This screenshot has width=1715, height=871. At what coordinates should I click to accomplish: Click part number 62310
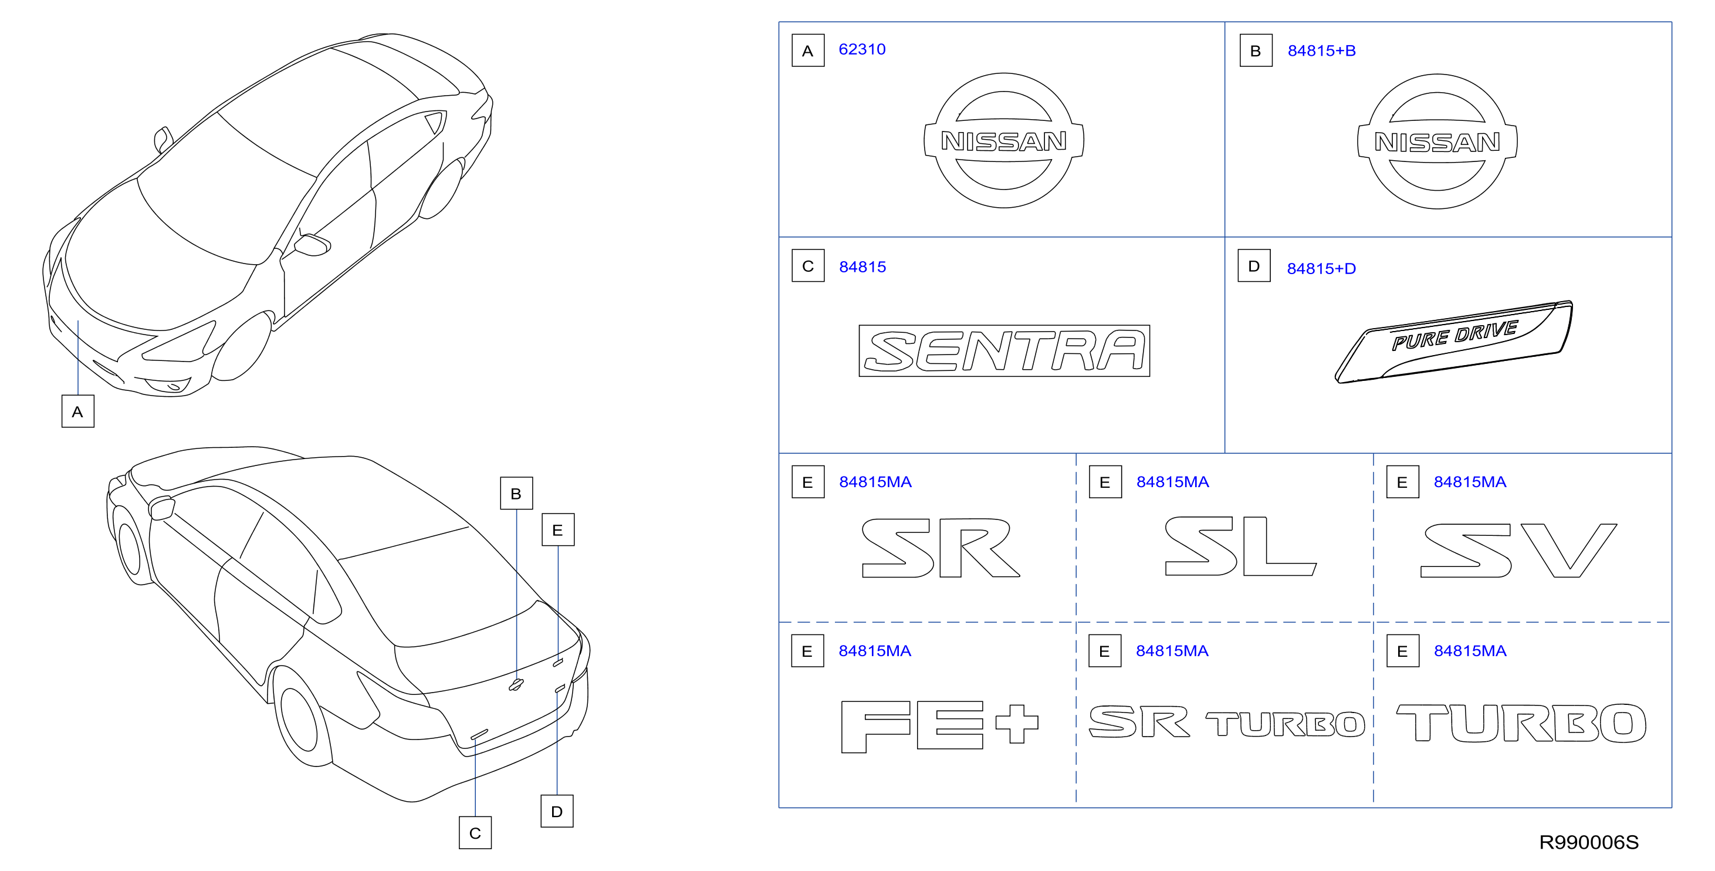[x=861, y=49]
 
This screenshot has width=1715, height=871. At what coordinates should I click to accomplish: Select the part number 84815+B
[x=1321, y=50]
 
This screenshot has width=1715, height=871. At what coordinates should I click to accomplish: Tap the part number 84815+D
[x=1321, y=268]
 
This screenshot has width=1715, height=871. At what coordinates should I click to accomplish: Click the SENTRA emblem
[x=1004, y=351]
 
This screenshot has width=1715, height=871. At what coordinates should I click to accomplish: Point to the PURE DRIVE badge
[x=1454, y=342]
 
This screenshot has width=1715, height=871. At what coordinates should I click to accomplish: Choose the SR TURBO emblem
[x=1226, y=722]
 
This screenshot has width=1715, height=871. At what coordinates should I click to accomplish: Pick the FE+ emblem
[x=939, y=726]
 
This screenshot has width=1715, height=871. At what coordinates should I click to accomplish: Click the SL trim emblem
[x=1240, y=546]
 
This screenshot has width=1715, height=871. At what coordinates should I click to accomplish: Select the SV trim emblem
[x=1518, y=550]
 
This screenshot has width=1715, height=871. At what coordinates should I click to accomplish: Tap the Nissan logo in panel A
[x=1004, y=140]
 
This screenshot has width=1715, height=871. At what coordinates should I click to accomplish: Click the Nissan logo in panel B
[x=1437, y=141]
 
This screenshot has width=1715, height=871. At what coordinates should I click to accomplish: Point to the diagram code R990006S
[x=1588, y=842]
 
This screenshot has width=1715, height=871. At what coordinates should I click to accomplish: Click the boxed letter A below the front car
[x=78, y=411]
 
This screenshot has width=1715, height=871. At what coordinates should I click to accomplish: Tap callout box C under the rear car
[x=475, y=833]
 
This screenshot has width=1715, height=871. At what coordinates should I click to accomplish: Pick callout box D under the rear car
[x=557, y=811]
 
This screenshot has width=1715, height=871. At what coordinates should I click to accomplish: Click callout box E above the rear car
[x=558, y=530]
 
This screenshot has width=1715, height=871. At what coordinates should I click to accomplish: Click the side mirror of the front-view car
[x=312, y=245]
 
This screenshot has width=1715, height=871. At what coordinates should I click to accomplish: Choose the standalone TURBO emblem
[x=1521, y=723]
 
